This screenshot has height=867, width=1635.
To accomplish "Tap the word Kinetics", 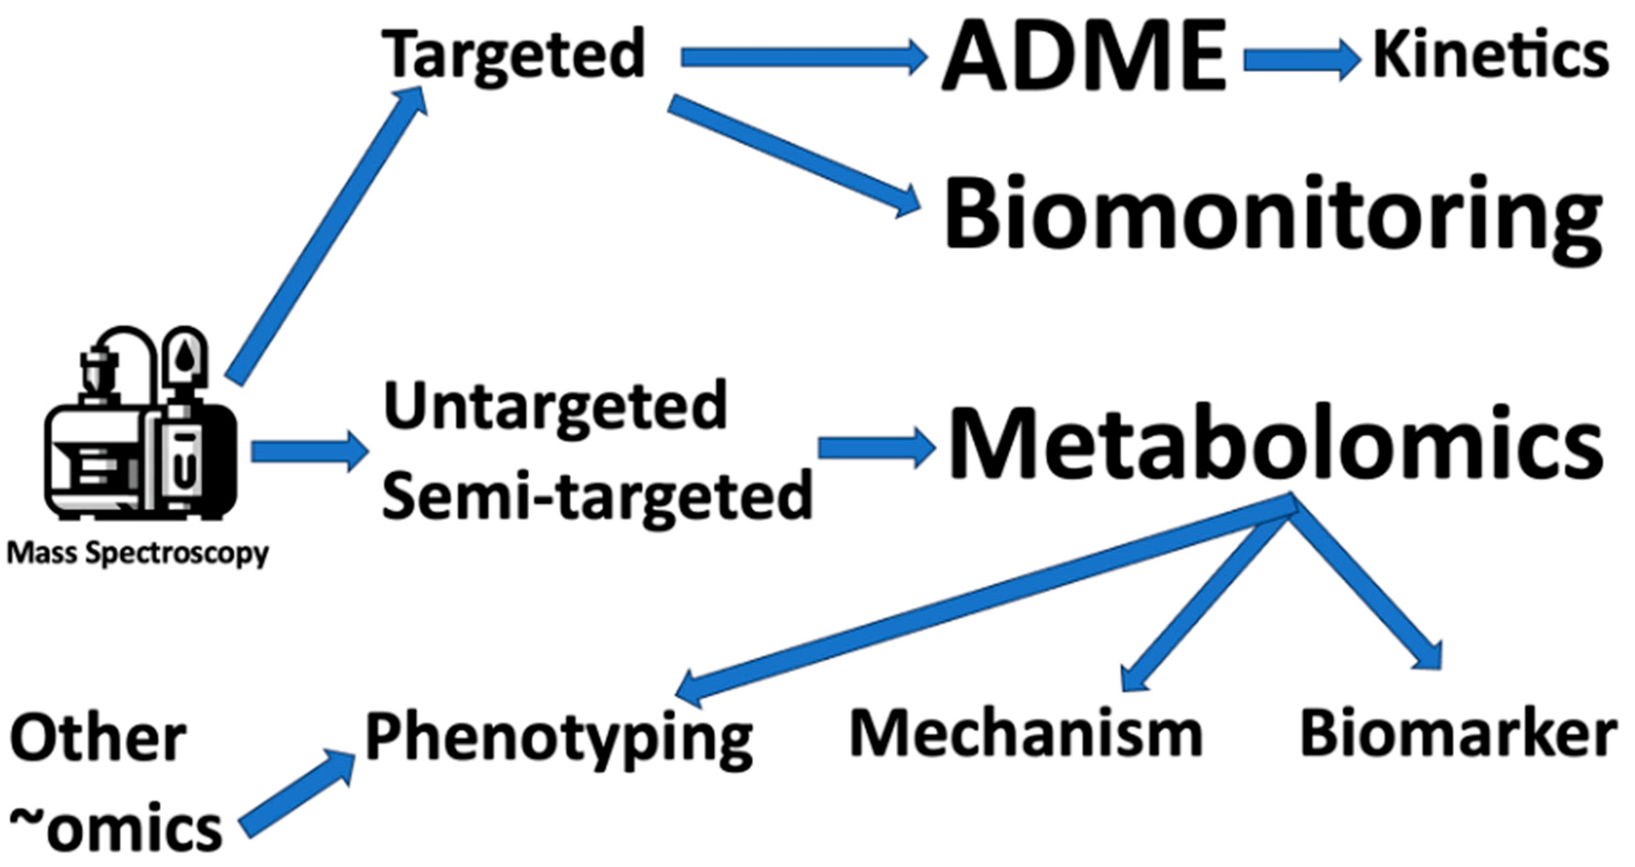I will coord(1490,56).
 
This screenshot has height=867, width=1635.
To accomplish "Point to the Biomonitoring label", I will coord(1272,215).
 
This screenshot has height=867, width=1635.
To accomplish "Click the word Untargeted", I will coord(555,407).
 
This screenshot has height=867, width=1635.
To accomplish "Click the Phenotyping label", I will coord(559,737).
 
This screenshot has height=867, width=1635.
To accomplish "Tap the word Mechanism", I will coord(1025,733).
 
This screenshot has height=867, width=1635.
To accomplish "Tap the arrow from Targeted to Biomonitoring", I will coord(794,155).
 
